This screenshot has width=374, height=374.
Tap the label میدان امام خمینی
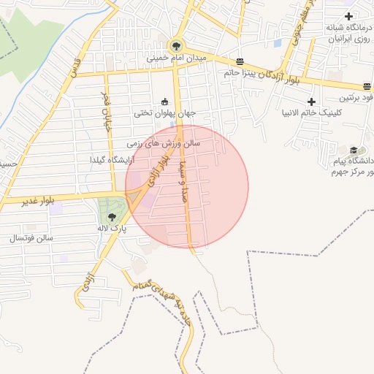(x=178, y=57)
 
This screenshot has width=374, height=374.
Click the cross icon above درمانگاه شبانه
(x=349, y=16)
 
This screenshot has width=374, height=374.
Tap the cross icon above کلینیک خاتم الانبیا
(x=312, y=102)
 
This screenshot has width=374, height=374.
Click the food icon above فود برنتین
(x=367, y=87)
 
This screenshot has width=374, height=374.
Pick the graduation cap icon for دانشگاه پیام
(x=354, y=150)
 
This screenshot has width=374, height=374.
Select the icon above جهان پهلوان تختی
(x=164, y=102)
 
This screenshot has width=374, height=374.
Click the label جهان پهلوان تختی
(x=165, y=113)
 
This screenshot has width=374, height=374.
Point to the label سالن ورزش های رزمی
(x=164, y=143)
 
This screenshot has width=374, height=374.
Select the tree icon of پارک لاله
(x=112, y=217)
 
